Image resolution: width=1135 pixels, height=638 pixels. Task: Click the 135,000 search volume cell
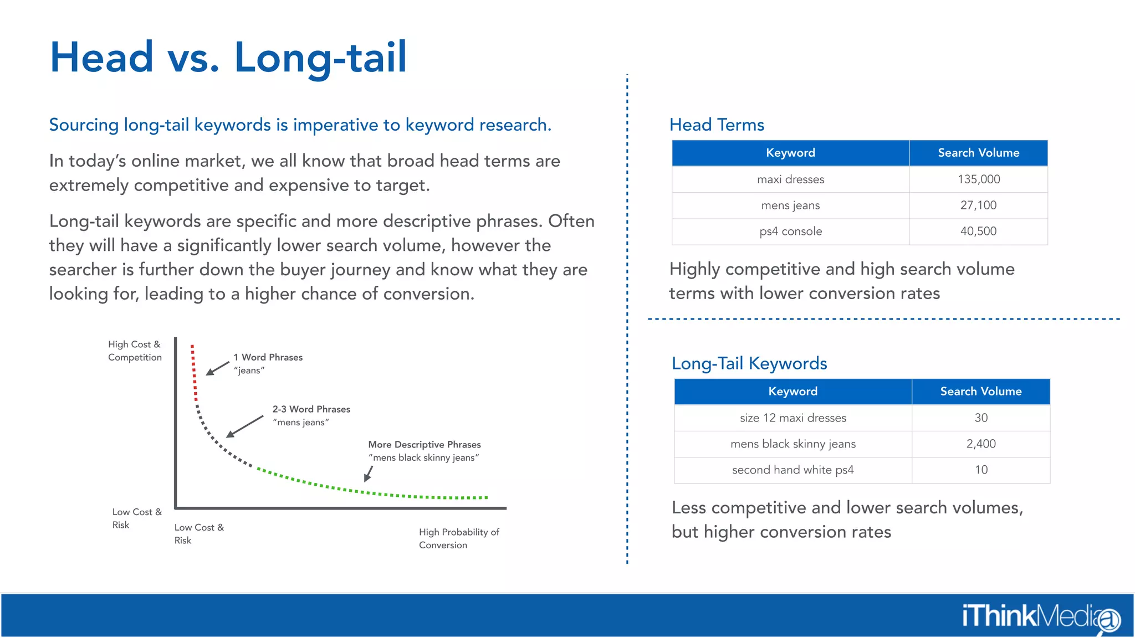[x=978, y=179]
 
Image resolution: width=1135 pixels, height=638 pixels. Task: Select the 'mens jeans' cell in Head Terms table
[x=790, y=205]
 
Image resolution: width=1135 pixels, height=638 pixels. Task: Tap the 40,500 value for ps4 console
[x=978, y=231]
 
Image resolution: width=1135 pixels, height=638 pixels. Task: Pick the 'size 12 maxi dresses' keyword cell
[x=793, y=418]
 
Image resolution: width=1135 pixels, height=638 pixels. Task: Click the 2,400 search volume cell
[x=980, y=444]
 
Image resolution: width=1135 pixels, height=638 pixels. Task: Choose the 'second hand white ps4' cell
[x=793, y=470]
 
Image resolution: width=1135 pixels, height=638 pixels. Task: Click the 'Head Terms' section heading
[x=717, y=125]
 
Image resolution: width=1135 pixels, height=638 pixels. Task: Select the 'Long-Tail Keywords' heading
[x=749, y=364]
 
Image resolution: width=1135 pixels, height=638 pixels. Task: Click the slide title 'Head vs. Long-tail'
[x=228, y=58]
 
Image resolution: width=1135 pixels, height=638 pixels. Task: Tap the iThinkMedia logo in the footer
[x=1040, y=616]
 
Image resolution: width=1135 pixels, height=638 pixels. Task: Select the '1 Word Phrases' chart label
[x=268, y=358]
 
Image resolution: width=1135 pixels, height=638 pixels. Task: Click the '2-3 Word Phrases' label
[x=311, y=409]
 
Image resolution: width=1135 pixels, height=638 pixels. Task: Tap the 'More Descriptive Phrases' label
[x=424, y=445]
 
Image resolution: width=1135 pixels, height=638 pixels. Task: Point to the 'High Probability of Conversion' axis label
[x=458, y=538]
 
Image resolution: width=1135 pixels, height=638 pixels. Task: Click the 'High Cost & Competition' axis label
[x=135, y=351]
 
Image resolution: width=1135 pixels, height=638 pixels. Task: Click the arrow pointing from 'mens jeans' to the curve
[x=245, y=426]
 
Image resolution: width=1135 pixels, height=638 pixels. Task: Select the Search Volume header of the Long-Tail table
[x=980, y=392]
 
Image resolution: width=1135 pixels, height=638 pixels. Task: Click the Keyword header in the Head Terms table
[x=790, y=153]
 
